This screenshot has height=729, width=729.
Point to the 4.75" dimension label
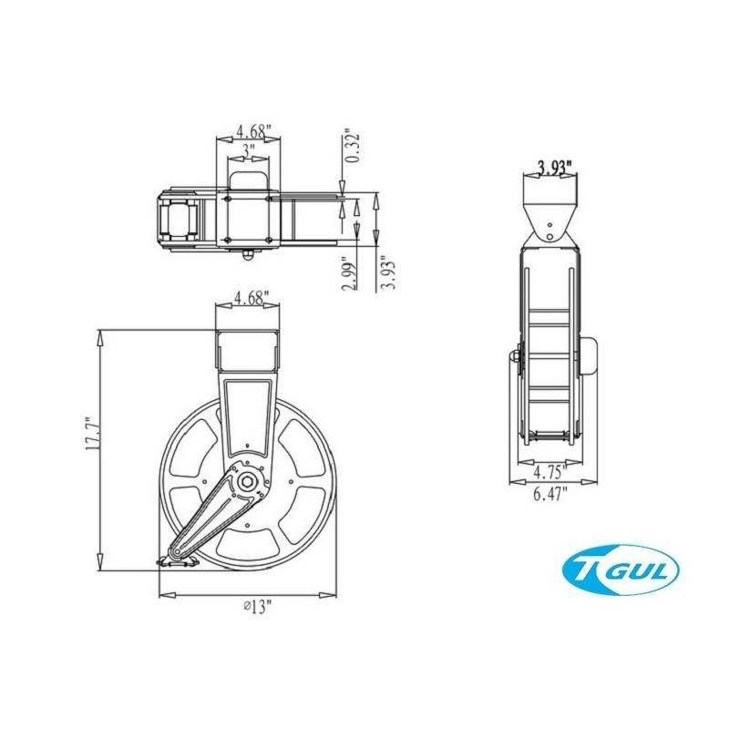coord(550,473)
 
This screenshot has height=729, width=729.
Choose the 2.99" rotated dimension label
coord(348,271)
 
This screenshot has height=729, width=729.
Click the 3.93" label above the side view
coord(553,167)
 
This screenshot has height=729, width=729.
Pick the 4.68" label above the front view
coord(249,297)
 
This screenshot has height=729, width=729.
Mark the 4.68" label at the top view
coord(249,131)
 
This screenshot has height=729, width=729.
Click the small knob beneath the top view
coord(247,254)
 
